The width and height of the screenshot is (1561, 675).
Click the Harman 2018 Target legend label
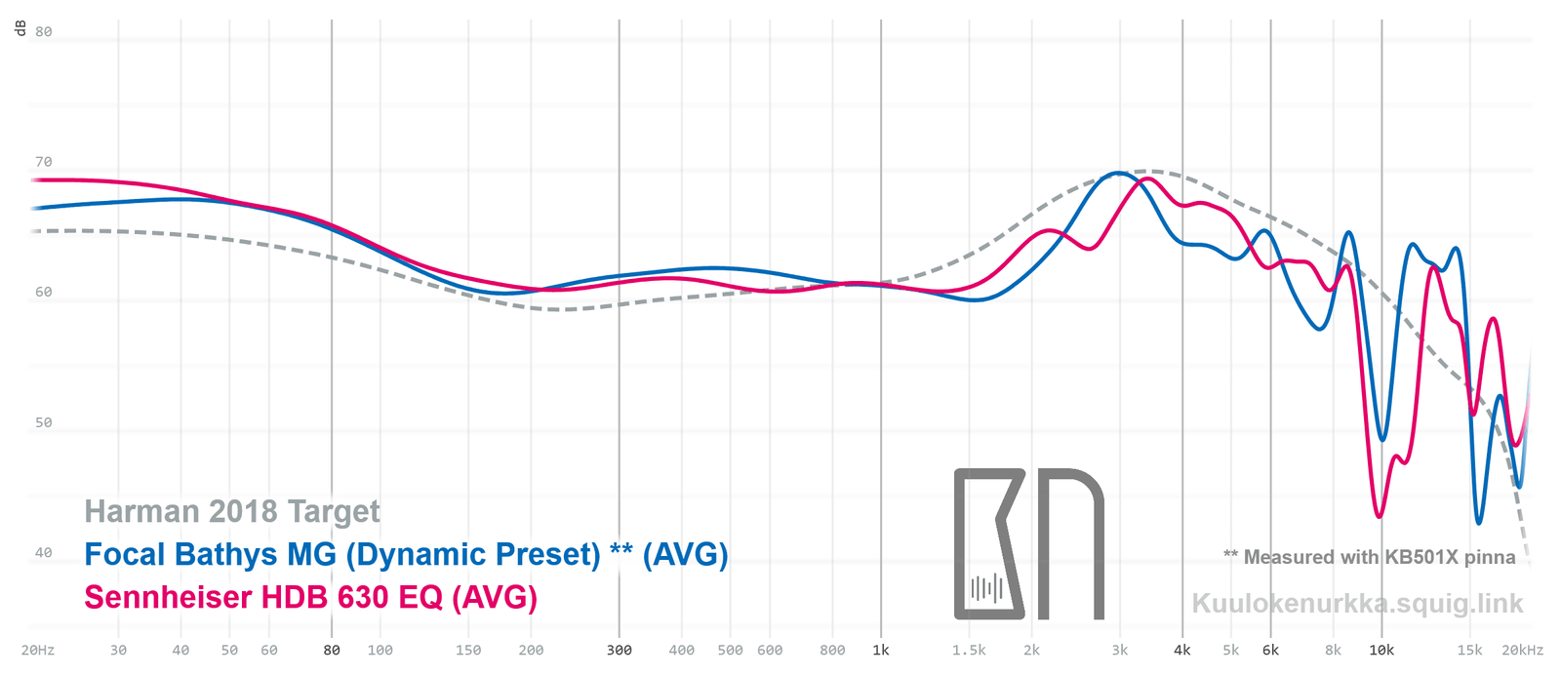click(x=232, y=511)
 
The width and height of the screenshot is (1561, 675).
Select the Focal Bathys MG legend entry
click(x=406, y=554)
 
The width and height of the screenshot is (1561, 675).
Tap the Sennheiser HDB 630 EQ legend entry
click(x=310, y=597)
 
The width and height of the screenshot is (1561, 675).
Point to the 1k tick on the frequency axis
click(x=881, y=651)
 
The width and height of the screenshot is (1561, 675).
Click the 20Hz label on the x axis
click(x=38, y=651)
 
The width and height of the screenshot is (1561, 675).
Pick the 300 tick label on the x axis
click(x=620, y=651)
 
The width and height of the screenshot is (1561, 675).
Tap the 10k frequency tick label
click(x=1381, y=651)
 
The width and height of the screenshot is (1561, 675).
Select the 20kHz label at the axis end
click(x=1523, y=651)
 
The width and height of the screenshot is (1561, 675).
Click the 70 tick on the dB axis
click(x=44, y=162)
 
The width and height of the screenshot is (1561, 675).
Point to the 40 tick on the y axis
click(x=44, y=553)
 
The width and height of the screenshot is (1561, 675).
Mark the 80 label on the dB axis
click(x=44, y=31)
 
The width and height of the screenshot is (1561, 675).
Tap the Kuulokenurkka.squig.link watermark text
click(x=1357, y=604)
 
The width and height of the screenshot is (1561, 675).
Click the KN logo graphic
click(x=1028, y=544)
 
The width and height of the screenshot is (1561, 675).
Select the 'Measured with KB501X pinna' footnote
click(x=1370, y=557)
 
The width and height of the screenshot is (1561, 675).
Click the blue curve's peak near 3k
click(x=1117, y=174)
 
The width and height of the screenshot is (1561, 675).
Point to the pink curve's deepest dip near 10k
click(x=1380, y=516)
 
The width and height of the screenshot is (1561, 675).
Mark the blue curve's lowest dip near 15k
click(x=1479, y=523)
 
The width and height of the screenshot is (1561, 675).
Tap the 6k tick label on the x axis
click(x=1270, y=651)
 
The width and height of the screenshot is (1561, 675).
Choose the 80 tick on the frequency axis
click(x=332, y=651)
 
